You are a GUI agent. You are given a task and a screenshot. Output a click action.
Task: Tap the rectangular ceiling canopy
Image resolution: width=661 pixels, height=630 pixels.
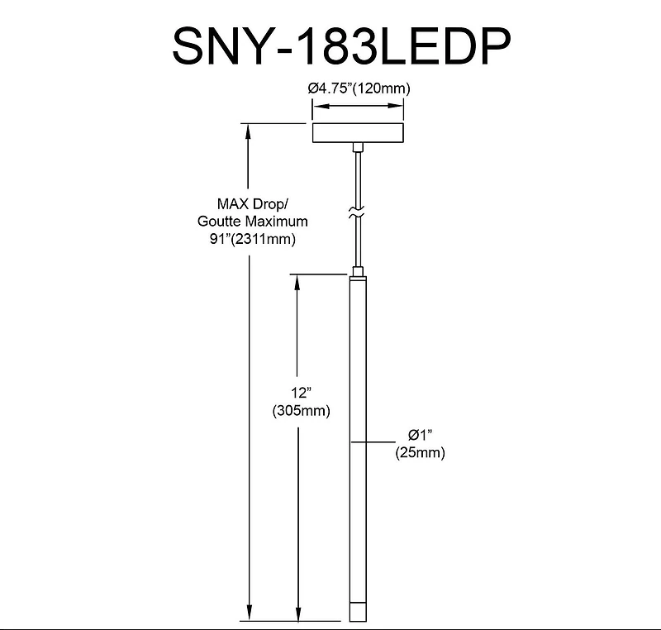pos(357,133)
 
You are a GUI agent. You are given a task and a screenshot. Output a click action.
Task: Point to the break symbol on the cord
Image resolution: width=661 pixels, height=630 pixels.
pos(357,213)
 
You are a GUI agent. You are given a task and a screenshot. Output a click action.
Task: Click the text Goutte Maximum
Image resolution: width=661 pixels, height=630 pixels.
pos(253,222)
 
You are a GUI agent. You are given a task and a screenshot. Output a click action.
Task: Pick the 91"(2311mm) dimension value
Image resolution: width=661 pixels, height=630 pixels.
pos(253,240)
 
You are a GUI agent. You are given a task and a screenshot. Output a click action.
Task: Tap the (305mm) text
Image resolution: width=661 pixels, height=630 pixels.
pos(300,411)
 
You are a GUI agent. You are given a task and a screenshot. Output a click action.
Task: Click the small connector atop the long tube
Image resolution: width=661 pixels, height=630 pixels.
pos(357,271)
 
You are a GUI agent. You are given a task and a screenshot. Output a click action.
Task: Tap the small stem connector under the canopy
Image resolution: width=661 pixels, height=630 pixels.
pos(357,147)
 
